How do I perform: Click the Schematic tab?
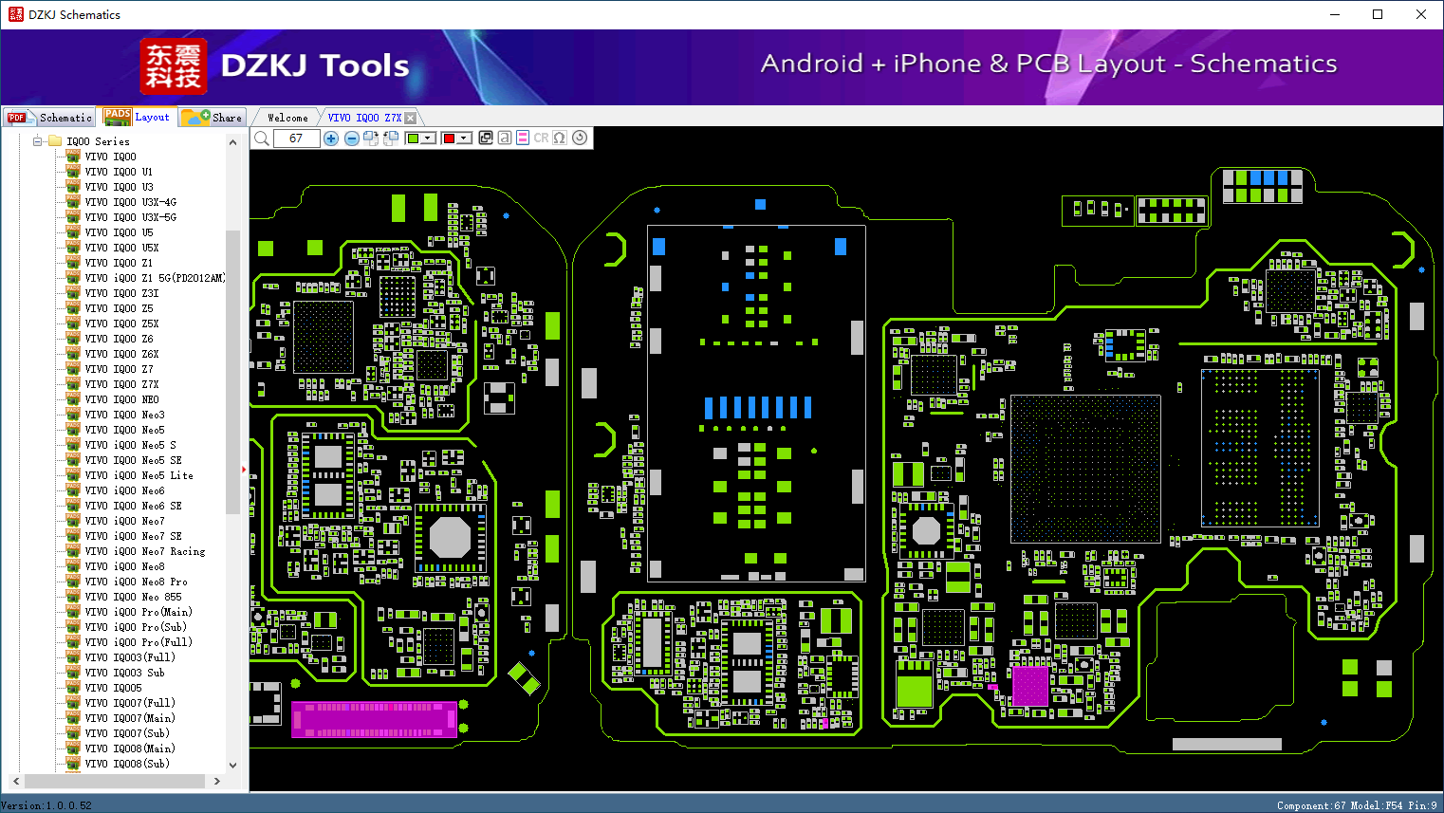[49, 118]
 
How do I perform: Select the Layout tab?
[137, 117]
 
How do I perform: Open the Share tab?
[213, 118]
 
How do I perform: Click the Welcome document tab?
[287, 118]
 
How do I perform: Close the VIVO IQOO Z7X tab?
[410, 118]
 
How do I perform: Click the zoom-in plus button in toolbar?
[331, 139]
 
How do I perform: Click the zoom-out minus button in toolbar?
[351, 139]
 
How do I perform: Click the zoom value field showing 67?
[296, 139]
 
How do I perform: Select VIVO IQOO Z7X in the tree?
[121, 384]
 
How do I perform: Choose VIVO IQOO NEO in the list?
[121, 399]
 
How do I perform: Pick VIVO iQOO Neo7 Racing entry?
[145, 551]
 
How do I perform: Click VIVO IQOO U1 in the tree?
[119, 172]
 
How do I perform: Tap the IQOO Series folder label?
[98, 141]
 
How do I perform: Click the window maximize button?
[1378, 14]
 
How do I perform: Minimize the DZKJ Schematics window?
[1335, 14]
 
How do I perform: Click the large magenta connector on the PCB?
[374, 719]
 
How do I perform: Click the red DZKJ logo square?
[174, 66]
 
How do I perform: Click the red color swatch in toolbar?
[450, 139]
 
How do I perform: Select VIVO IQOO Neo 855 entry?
[134, 597]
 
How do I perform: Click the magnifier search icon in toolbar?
[262, 139]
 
